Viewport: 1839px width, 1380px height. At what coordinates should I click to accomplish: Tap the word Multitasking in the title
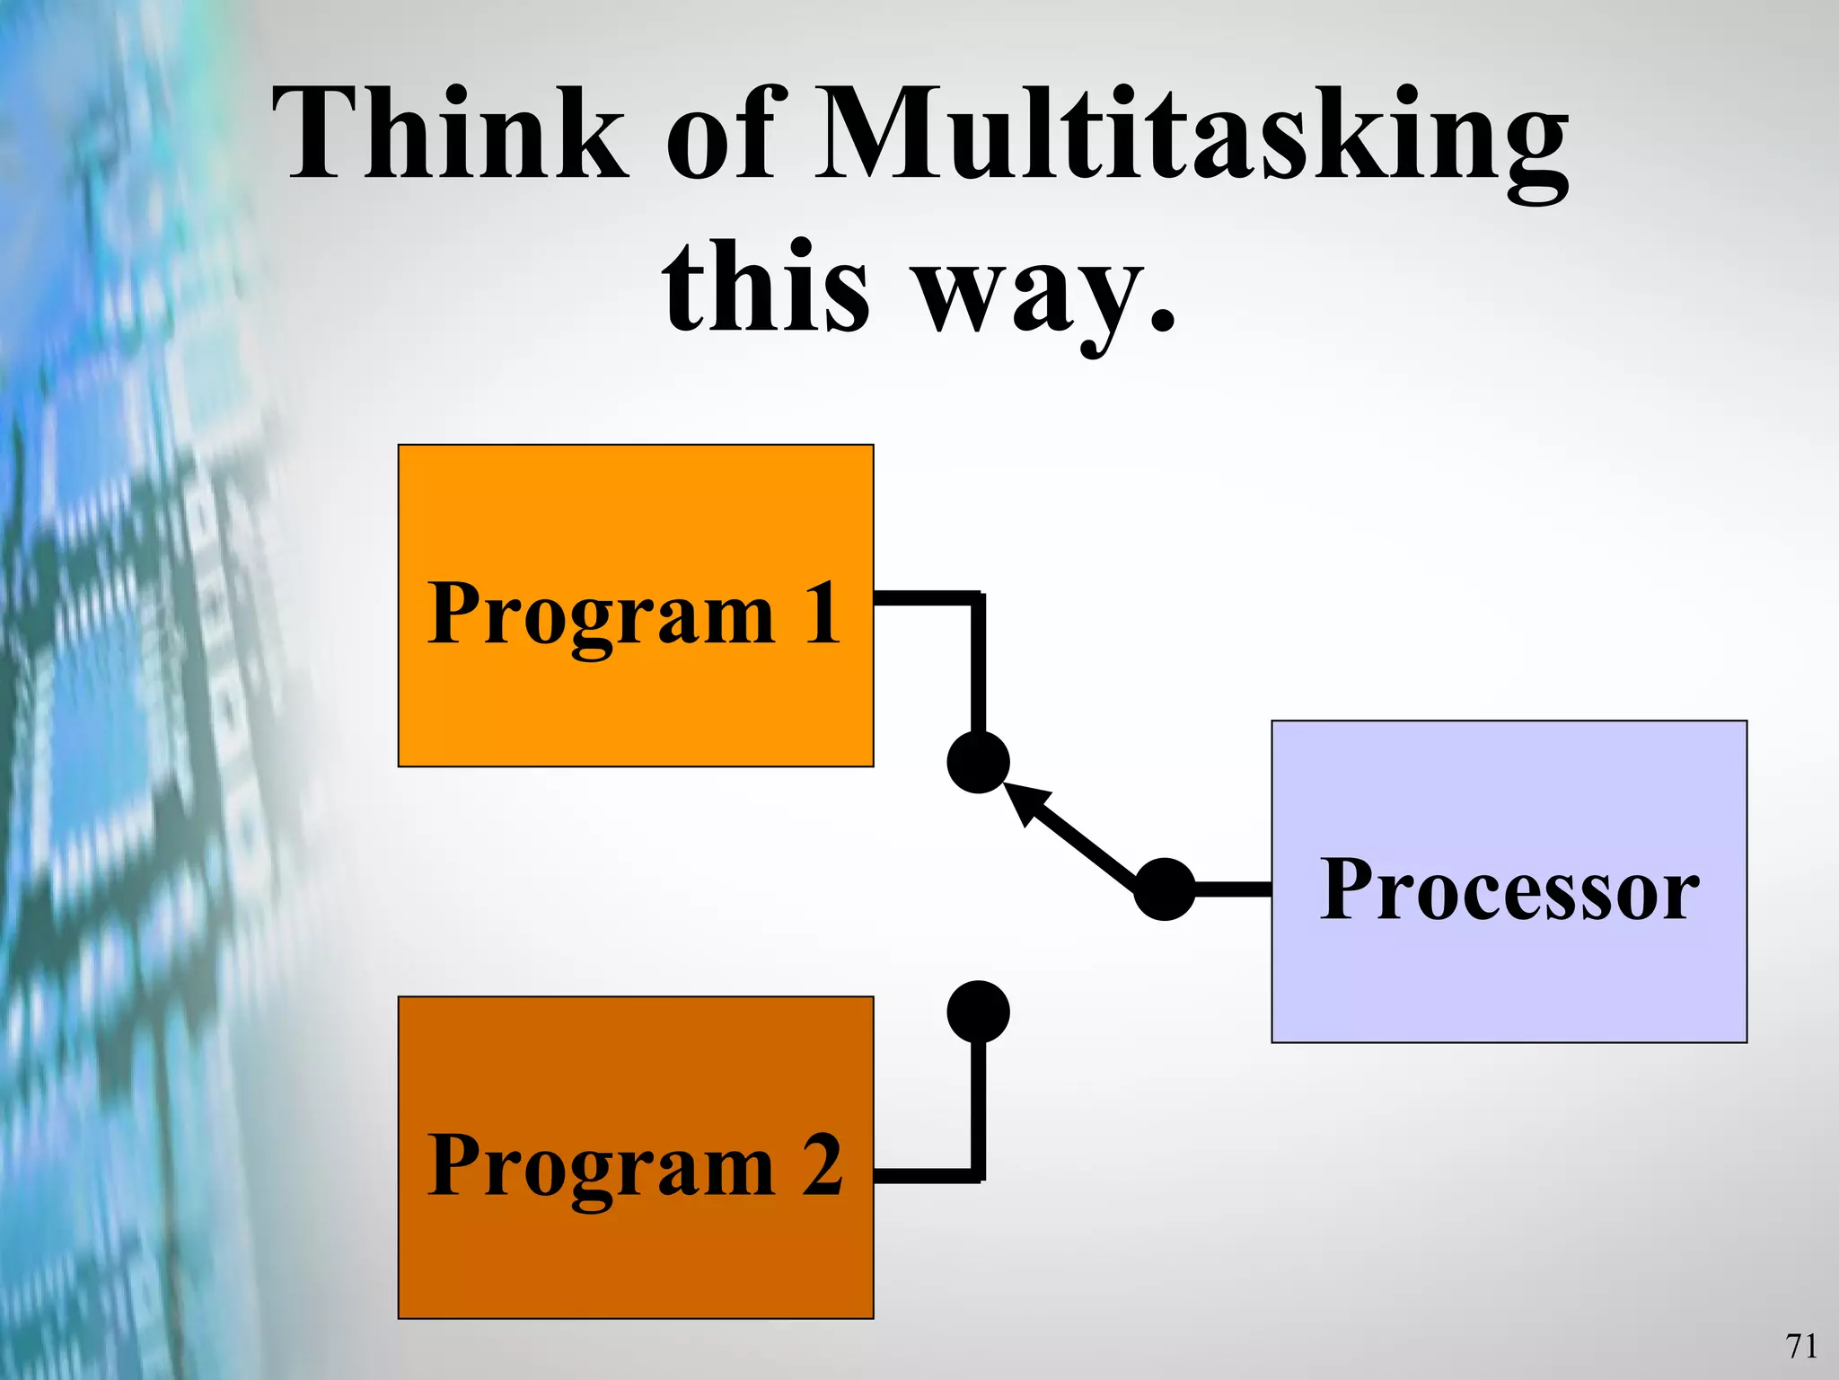(1191, 139)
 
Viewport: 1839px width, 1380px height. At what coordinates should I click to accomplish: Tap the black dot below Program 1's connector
(978, 762)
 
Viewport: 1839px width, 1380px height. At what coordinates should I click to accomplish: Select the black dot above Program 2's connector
(978, 1012)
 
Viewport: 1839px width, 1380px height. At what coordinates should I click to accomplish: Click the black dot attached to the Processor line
(1165, 889)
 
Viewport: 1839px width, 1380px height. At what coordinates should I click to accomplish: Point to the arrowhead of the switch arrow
(1024, 799)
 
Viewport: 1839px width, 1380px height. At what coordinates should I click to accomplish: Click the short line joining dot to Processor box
(1233, 889)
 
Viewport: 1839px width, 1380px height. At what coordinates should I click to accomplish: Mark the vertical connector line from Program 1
(978, 665)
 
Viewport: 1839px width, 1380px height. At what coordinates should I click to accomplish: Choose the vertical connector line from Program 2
(978, 1110)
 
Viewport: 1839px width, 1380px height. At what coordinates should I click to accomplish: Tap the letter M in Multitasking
(880, 135)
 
